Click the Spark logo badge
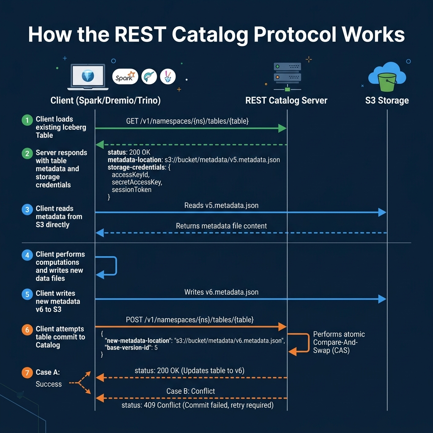126,77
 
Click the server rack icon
287,73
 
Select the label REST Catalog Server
286,101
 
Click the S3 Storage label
387,101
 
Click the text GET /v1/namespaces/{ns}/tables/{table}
187,121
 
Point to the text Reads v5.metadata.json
221,206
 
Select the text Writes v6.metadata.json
221,292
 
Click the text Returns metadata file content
221,226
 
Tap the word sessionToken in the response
132,189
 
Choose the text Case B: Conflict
191,391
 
